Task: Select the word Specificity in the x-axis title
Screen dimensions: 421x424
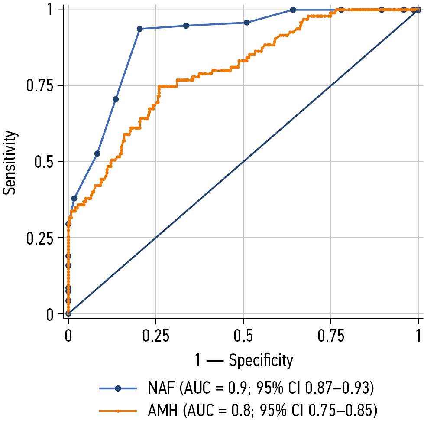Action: pyautogui.click(x=261, y=360)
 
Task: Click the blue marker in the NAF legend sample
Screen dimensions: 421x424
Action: pyautogui.click(x=118, y=388)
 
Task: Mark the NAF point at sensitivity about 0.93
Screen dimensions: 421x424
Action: pyautogui.click(x=139, y=29)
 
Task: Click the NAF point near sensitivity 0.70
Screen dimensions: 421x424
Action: pyautogui.click(x=116, y=99)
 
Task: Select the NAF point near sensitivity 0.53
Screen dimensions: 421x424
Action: pyautogui.click(x=97, y=153)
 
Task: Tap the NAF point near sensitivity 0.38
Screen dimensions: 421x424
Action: pyautogui.click(x=74, y=198)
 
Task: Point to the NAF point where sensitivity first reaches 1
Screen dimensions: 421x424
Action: pyautogui.click(x=293, y=10)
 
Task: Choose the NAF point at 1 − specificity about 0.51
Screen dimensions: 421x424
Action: pyautogui.click(x=246, y=22)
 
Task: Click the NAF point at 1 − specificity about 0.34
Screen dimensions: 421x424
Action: pyautogui.click(x=186, y=26)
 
